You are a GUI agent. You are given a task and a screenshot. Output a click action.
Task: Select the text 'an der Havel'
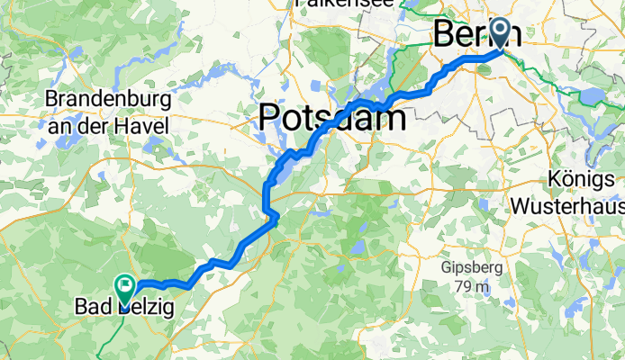pos(106,127)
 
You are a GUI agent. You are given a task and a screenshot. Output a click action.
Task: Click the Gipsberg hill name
pos(468,268)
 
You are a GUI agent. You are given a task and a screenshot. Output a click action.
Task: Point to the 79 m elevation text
pos(468,287)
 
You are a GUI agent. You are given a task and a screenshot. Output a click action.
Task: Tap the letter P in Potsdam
pos(270,117)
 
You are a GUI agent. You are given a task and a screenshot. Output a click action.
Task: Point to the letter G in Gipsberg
pos(446,268)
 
